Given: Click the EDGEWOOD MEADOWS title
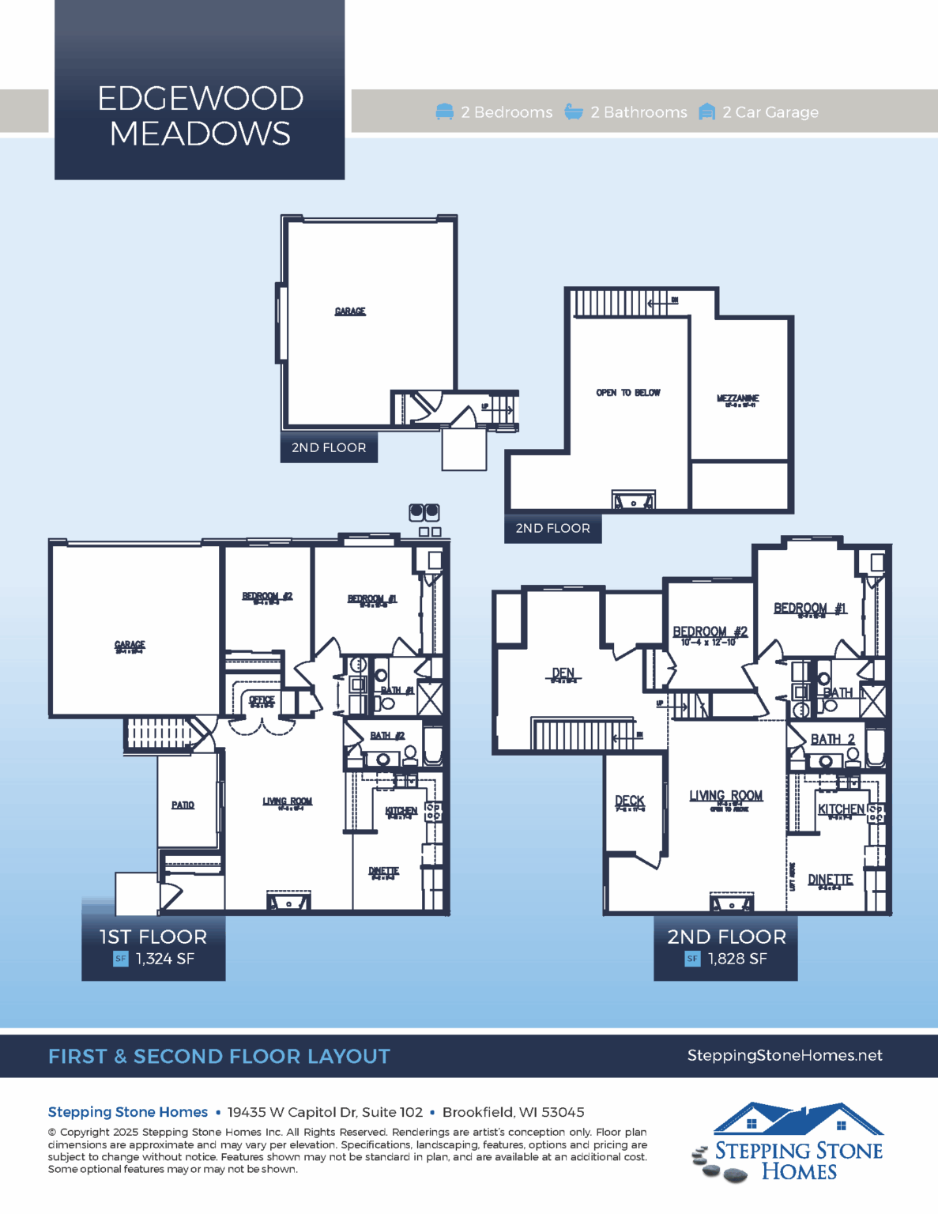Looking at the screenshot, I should pyautogui.click(x=200, y=115).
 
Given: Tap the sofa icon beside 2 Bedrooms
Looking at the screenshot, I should pyautogui.click(x=445, y=112).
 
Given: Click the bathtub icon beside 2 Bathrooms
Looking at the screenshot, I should pyautogui.click(x=574, y=112).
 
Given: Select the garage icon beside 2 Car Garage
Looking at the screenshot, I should pyautogui.click(x=707, y=112).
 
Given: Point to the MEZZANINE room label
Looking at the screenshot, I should pyautogui.click(x=737, y=399).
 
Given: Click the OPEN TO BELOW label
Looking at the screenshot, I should pyautogui.click(x=628, y=393).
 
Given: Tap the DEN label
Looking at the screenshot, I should pyautogui.click(x=563, y=673).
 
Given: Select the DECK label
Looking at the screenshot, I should pyautogui.click(x=630, y=801).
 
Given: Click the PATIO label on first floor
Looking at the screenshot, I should pyautogui.click(x=183, y=805).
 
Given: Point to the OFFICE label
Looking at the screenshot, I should pyautogui.click(x=262, y=700).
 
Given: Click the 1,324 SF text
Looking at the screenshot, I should pyautogui.click(x=164, y=959).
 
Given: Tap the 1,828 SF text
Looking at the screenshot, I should pyautogui.click(x=736, y=959).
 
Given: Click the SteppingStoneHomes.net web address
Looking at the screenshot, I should pyautogui.click(x=784, y=1055).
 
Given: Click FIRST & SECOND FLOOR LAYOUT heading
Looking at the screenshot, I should pyautogui.click(x=219, y=1057).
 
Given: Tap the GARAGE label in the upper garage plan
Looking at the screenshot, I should pyautogui.click(x=350, y=311).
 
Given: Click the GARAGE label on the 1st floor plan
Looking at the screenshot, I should pyautogui.click(x=130, y=646).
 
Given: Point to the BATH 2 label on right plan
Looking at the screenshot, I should pyautogui.click(x=832, y=739).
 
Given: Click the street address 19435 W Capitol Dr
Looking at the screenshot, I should pyautogui.click(x=325, y=1112).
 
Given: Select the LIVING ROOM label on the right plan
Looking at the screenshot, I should pyautogui.click(x=725, y=796).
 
